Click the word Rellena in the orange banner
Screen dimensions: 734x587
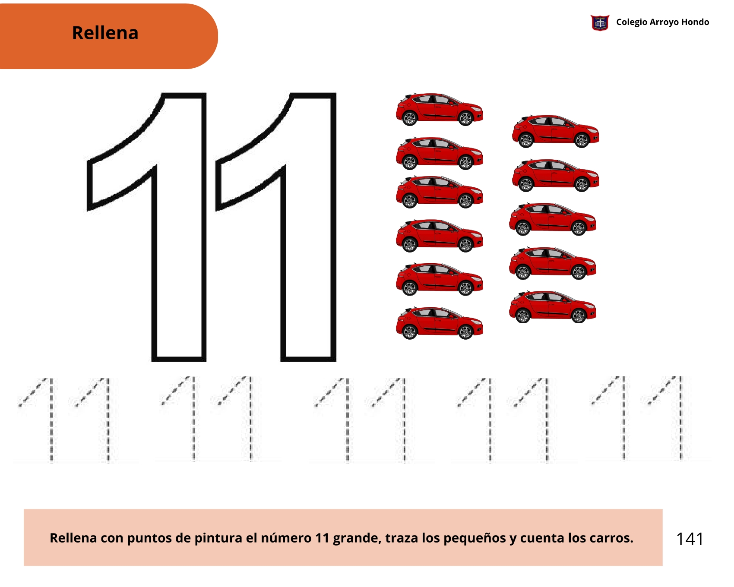[105, 33]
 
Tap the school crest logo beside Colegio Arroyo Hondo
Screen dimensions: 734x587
[600, 23]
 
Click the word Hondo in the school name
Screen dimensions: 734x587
[695, 22]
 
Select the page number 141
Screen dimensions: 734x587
[690, 539]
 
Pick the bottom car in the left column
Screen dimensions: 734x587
[440, 323]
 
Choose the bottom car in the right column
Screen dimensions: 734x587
[553, 307]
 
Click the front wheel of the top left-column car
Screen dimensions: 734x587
[465, 118]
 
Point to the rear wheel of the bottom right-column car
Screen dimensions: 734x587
[523, 316]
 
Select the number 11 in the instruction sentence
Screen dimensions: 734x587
[322, 538]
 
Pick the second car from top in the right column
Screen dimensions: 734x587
[556, 175]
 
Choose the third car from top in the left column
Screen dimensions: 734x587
[440, 192]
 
